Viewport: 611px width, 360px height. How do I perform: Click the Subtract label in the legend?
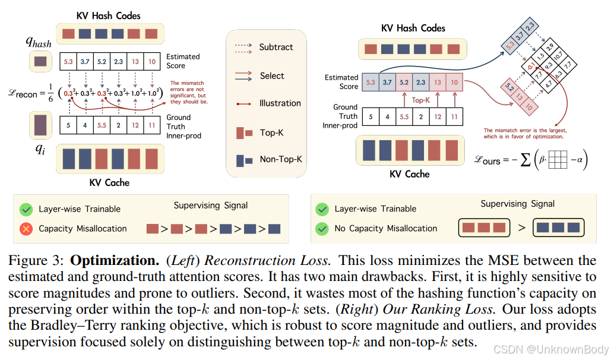pyautogui.click(x=276, y=47)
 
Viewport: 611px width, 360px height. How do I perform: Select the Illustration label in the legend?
pyautogui.click(x=280, y=103)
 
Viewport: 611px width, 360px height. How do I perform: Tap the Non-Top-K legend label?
pyautogui.click(x=280, y=159)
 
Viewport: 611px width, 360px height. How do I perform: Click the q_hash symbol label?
pyautogui.click(x=39, y=42)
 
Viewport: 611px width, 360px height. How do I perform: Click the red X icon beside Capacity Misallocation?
pyautogui.click(x=26, y=229)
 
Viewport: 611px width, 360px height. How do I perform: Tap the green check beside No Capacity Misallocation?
pyautogui.click(x=322, y=228)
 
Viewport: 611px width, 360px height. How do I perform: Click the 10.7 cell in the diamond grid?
pyautogui.click(x=558, y=56)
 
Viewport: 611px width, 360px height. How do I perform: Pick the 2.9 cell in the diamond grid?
pyautogui.click(x=549, y=48)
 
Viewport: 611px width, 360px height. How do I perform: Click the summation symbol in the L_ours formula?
pyautogui.click(x=525, y=160)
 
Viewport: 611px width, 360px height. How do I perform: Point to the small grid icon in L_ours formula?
pyautogui.click(x=557, y=160)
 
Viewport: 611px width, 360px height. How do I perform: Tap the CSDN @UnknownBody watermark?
pyautogui.click(x=550, y=349)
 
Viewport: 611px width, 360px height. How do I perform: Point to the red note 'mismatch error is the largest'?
pyautogui.click(x=525, y=134)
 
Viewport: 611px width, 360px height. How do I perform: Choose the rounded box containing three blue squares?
pyautogui.click(x=558, y=228)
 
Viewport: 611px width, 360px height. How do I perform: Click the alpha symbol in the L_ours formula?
pyautogui.click(x=580, y=160)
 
